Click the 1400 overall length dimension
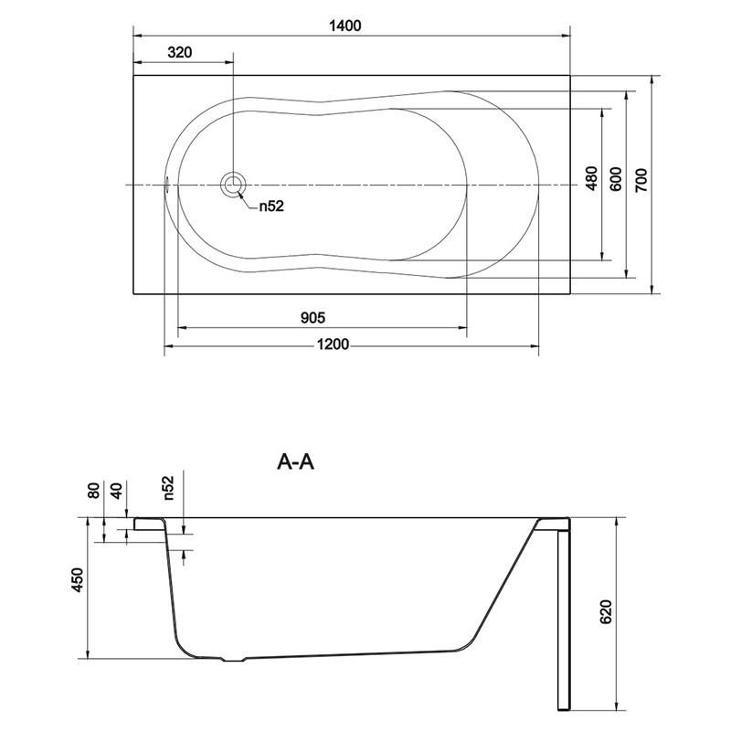[345, 26]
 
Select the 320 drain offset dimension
[179, 52]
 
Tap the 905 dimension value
[313, 318]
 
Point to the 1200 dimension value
[333, 344]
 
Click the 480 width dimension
[591, 178]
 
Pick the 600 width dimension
[615, 178]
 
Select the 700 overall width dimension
[641, 180]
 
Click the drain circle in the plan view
[232, 185]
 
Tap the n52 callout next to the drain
[271, 207]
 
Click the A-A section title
[295, 461]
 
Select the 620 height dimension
[605, 611]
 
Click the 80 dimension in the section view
[94, 491]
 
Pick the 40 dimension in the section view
[117, 491]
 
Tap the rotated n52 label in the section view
[168, 488]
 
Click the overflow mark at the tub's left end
[166, 185]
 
